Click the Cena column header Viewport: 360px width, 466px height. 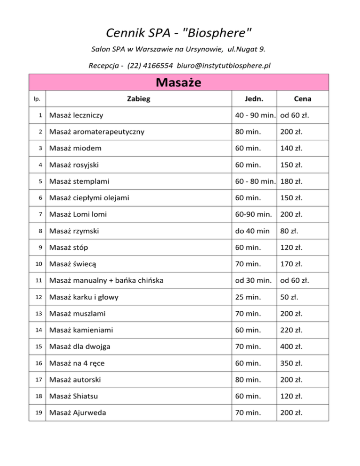[x=302, y=99]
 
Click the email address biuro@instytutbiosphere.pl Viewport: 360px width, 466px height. [x=221, y=66]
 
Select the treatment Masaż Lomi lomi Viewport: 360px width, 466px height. [x=78, y=214]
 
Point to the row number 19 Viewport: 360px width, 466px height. [x=38, y=412]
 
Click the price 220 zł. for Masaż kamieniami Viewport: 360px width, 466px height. [x=291, y=330]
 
